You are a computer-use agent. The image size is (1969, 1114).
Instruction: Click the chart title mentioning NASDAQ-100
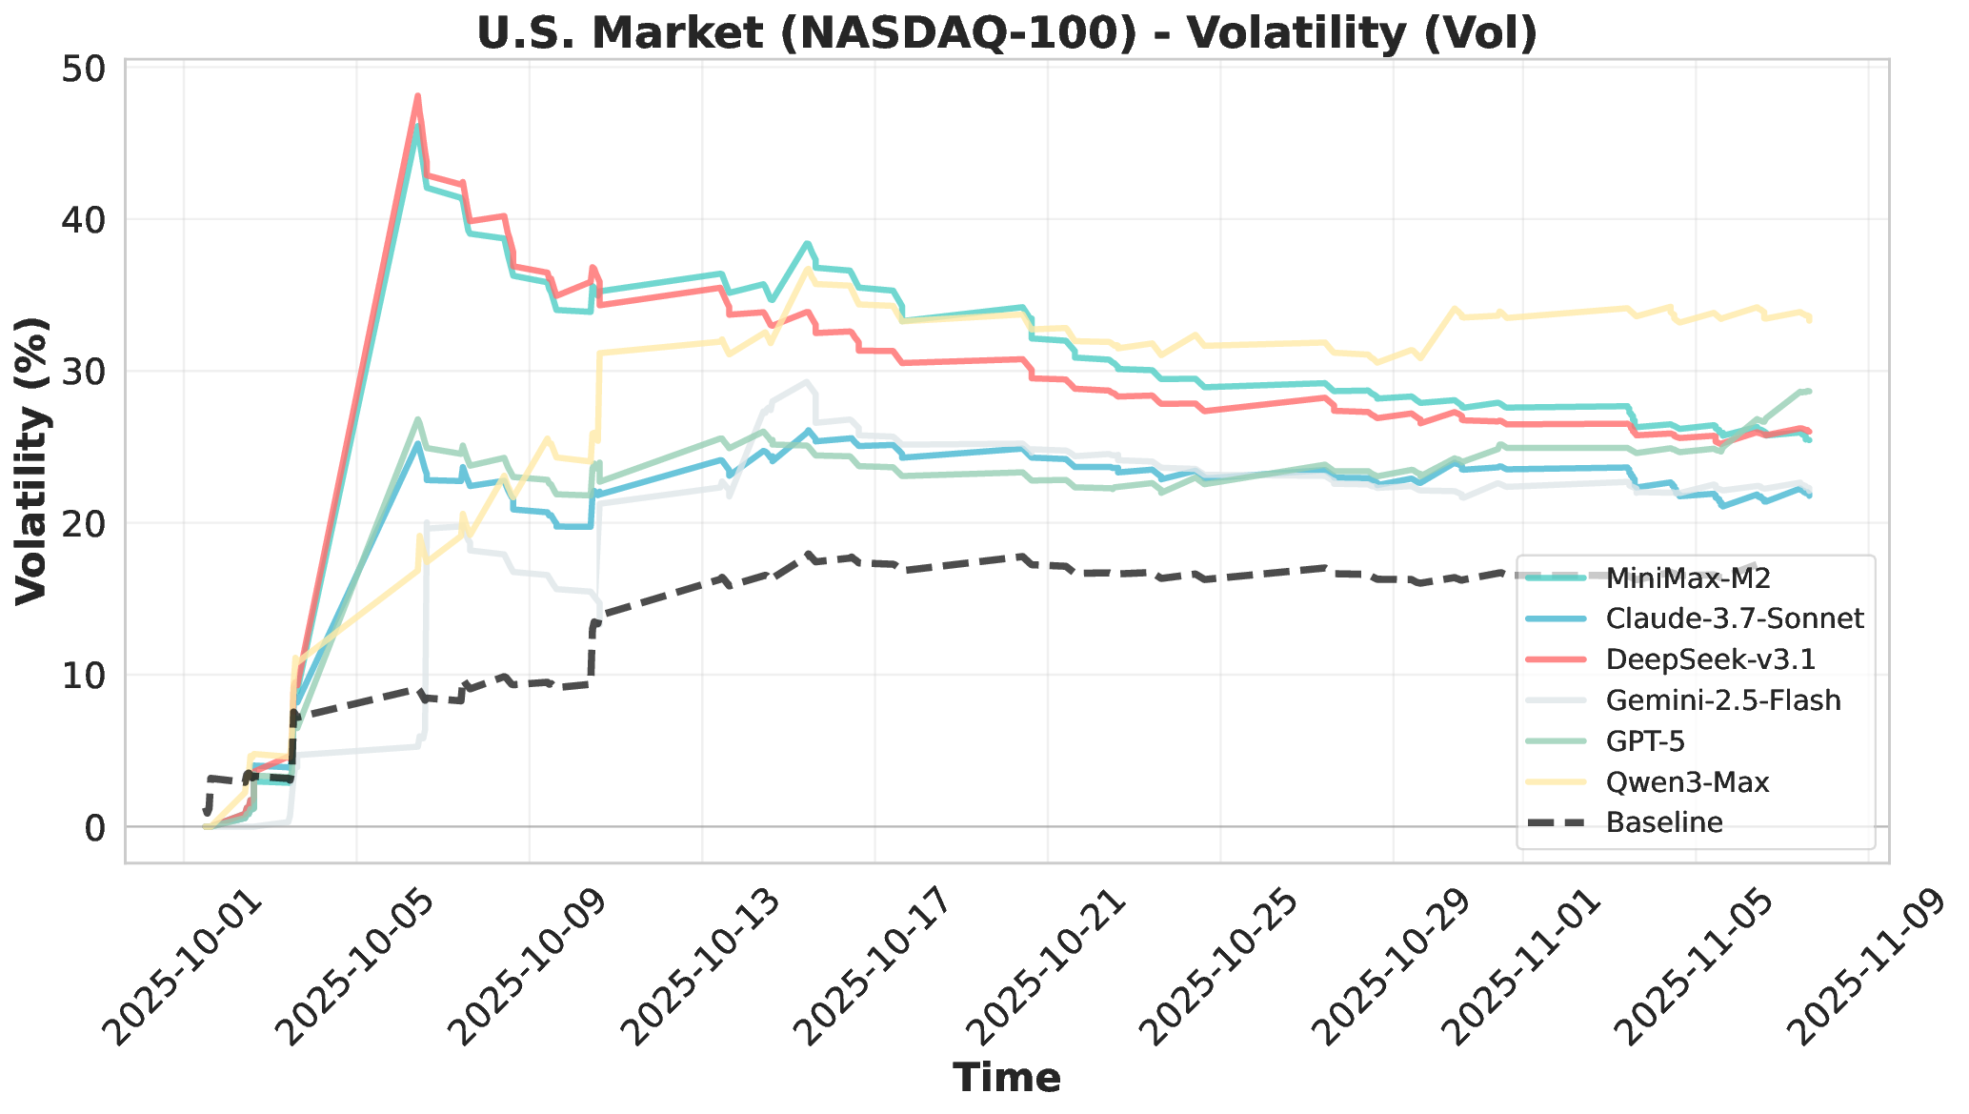pos(1006,33)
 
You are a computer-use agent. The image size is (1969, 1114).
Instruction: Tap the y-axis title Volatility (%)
pos(32,461)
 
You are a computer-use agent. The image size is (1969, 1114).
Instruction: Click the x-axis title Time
pos(1007,1078)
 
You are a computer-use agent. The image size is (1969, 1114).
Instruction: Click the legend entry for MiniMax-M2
pos(1687,578)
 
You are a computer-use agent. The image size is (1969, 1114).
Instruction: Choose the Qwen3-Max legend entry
pos(1686,782)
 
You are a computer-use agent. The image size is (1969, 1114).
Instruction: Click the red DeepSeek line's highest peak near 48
pos(417,95)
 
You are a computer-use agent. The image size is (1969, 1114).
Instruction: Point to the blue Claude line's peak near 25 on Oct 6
pos(417,443)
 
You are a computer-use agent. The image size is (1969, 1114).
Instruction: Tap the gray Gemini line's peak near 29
pos(807,382)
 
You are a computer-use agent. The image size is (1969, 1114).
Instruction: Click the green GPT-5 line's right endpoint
pos(1808,391)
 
